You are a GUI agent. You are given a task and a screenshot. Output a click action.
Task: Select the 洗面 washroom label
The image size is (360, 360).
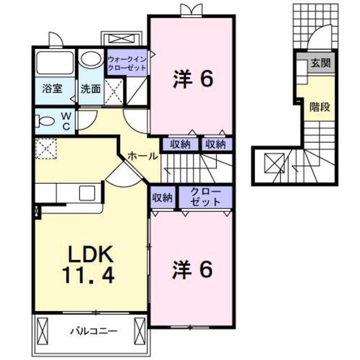point(90,88)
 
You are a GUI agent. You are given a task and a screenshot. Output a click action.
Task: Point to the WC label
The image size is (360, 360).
point(66,122)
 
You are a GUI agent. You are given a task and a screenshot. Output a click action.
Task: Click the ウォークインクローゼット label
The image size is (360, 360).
point(127,63)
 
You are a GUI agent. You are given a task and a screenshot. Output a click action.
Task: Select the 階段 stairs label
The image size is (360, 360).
point(319,106)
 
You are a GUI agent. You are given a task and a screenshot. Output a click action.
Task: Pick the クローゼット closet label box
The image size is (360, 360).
point(205,197)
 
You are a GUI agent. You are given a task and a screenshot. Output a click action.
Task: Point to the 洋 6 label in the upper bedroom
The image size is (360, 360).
point(191,80)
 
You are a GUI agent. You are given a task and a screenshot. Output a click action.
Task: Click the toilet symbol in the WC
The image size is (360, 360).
point(45,121)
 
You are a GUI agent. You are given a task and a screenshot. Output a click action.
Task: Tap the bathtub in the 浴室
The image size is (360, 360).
point(55,63)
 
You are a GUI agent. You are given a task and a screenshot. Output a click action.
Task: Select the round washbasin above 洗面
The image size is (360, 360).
point(89,58)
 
